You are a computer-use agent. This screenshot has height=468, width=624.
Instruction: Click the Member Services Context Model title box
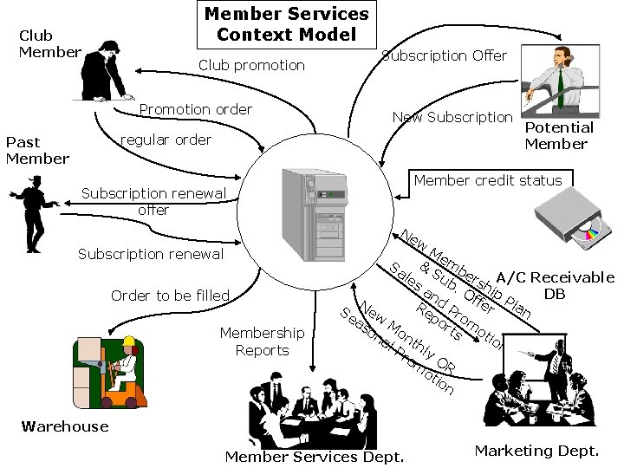[x=286, y=24]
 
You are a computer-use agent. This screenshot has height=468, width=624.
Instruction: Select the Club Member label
[x=49, y=43]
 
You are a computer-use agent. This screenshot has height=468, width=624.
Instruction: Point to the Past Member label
[x=36, y=150]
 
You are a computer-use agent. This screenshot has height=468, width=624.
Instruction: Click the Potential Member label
[x=559, y=135]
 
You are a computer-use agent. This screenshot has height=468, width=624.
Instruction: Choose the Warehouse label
[x=65, y=426]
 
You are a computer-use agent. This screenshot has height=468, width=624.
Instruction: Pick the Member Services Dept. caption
[x=315, y=457]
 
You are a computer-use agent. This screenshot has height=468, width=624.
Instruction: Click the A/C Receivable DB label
[x=555, y=285]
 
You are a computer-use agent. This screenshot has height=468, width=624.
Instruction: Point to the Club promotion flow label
[x=251, y=65]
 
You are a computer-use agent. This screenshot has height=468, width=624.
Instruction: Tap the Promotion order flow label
[x=196, y=109]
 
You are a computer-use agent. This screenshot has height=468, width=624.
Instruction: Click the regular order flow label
[x=166, y=140]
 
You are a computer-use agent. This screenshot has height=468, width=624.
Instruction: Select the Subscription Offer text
[x=445, y=55]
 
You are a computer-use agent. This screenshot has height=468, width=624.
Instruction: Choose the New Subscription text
[x=452, y=117]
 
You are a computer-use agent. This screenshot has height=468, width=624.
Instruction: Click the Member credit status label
[x=488, y=180]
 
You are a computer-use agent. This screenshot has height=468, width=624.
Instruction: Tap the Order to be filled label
[x=170, y=296]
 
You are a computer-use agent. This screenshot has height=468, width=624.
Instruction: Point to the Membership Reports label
[x=262, y=341]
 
